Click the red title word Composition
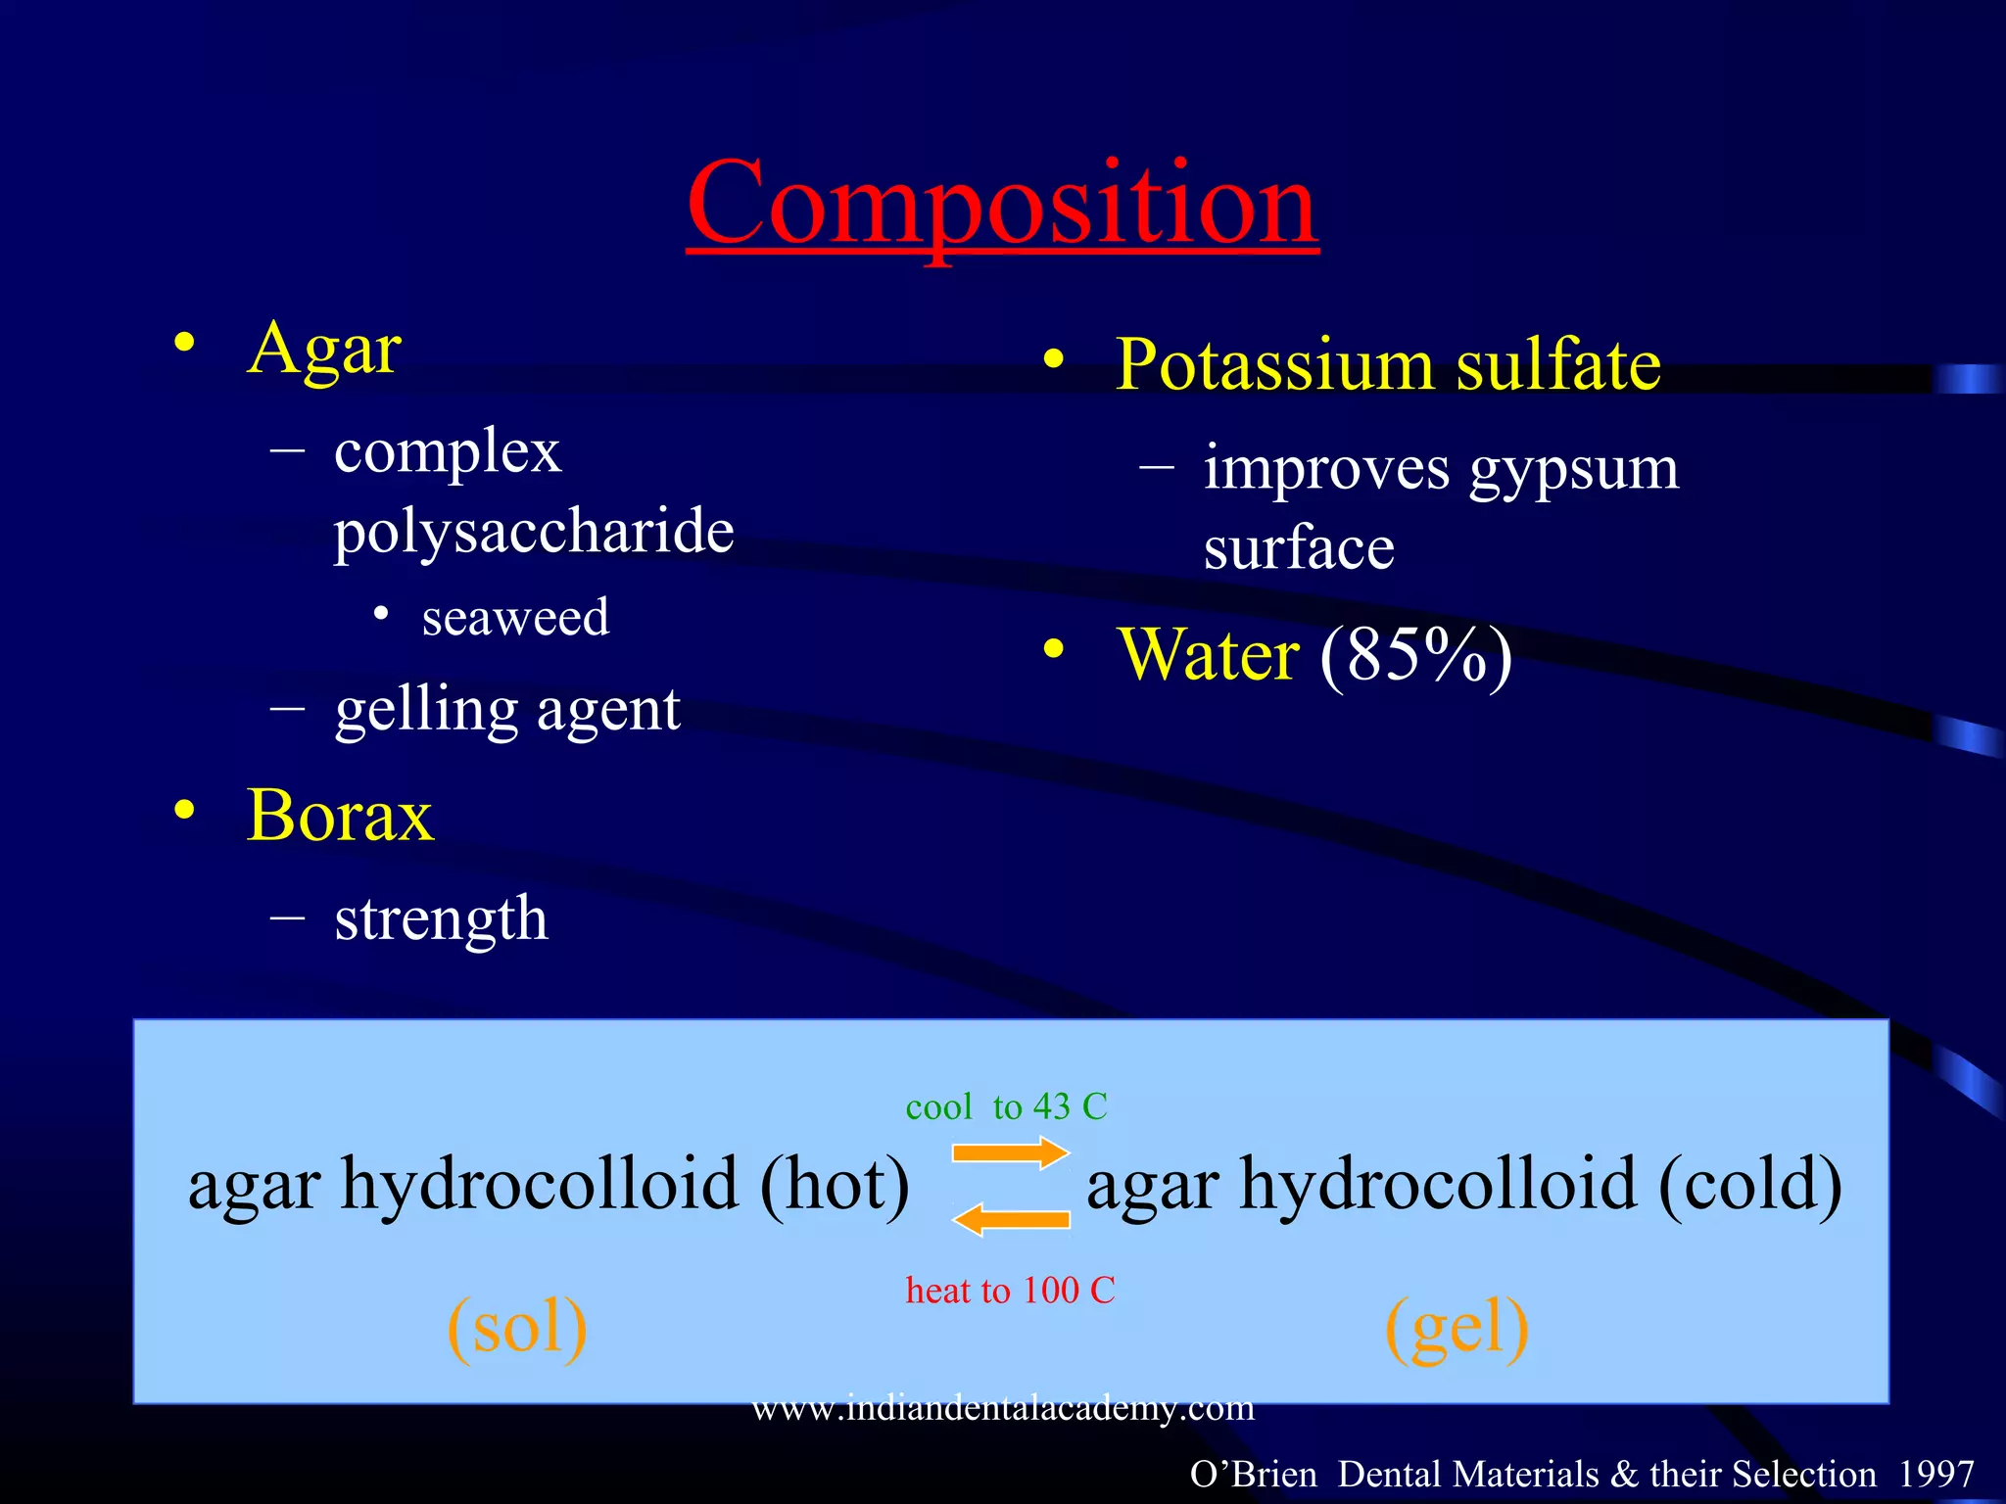1002,204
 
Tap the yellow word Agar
324,350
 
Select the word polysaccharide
534,532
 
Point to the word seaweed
515,617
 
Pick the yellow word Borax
340,816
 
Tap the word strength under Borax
441,919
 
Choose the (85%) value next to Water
1415,655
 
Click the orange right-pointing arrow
1010,1152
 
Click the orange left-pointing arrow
1010,1219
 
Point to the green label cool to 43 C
1006,1106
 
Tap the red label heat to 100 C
1010,1291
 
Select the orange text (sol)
517,1327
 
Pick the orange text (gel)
1457,1327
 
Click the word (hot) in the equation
835,1185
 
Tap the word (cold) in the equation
1749,1185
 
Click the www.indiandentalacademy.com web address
1003,1408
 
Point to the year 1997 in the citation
1935,1474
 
